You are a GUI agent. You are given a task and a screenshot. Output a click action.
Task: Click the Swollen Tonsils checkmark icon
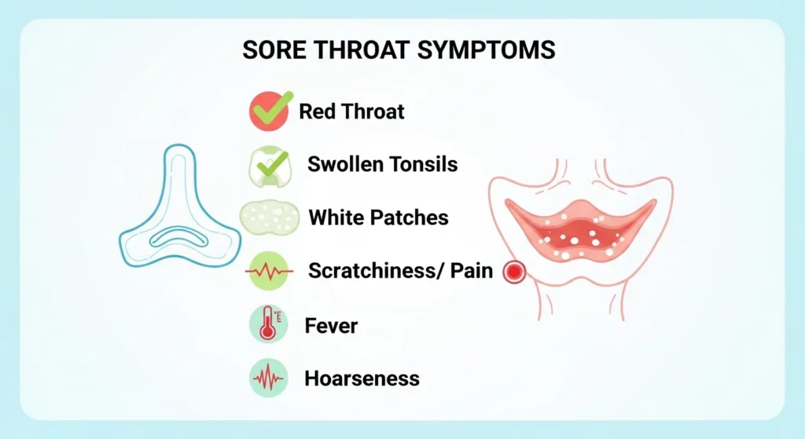click(x=270, y=165)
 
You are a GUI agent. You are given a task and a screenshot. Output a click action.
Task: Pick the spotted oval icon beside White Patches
click(x=270, y=217)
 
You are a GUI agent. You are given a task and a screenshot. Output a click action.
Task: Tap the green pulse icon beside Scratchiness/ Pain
click(x=270, y=272)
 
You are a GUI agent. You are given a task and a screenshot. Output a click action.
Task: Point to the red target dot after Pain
click(x=514, y=272)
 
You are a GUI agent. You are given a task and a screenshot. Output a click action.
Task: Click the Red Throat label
click(x=351, y=111)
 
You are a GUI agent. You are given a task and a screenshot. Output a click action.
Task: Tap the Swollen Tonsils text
click(x=382, y=165)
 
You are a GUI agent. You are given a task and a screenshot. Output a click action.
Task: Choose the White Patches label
click(x=378, y=217)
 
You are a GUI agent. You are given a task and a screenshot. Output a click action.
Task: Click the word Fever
click(x=331, y=325)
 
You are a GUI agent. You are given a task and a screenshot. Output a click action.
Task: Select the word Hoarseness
click(x=362, y=379)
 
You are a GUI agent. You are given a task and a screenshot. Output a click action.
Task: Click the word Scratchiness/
click(x=368, y=272)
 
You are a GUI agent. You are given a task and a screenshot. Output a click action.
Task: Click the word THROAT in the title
click(x=366, y=49)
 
